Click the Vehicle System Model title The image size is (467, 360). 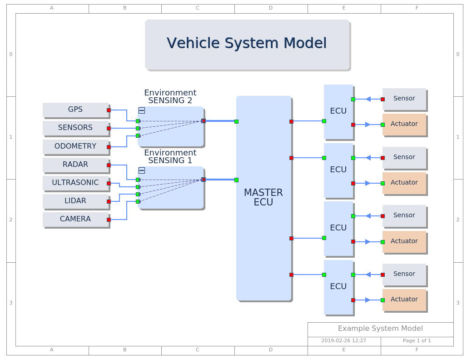click(247, 44)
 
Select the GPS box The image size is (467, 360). click(75, 110)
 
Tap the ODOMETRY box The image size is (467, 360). click(75, 146)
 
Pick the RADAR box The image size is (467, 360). click(75, 165)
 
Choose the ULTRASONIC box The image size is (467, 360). click(75, 183)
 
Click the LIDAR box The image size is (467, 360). click(75, 201)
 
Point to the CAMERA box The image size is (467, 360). click(75, 219)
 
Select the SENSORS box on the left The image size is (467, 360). click(75, 128)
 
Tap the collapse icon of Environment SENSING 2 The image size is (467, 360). click(142, 110)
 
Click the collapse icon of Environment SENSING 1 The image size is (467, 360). click(142, 170)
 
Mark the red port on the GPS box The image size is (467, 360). click(109, 110)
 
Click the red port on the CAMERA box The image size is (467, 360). click(109, 220)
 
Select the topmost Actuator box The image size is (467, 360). click(404, 124)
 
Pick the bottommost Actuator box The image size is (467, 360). click(404, 300)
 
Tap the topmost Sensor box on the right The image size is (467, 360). click(404, 99)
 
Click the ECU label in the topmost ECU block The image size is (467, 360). click(338, 111)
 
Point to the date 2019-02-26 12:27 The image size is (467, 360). click(344, 340)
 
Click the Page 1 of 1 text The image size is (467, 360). click(417, 340)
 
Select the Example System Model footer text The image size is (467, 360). click(380, 329)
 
